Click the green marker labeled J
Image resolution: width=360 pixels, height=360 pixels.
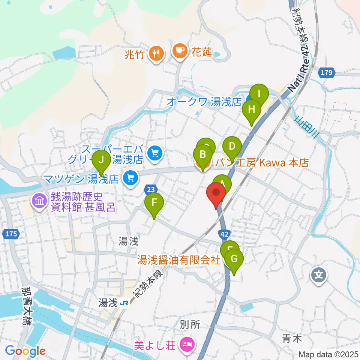click(101, 160)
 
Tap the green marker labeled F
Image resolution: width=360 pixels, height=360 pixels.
click(154, 204)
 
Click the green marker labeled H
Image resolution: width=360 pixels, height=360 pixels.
click(252, 110)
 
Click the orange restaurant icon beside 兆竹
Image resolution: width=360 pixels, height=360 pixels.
click(156, 53)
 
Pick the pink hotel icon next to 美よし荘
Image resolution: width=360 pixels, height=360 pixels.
click(186, 343)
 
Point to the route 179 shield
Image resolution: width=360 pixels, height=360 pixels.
click(326, 73)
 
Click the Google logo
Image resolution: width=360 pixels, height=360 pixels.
click(25, 351)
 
